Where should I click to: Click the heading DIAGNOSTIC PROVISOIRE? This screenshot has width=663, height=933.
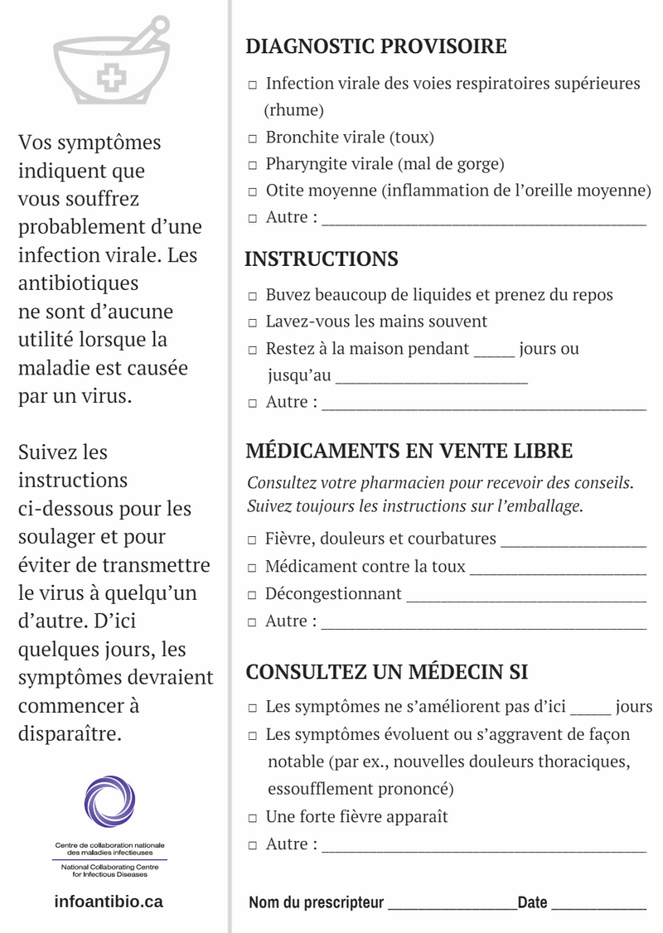(x=375, y=46)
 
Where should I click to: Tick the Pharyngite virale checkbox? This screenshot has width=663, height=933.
(x=253, y=166)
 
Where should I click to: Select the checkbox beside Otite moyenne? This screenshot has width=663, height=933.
(x=253, y=192)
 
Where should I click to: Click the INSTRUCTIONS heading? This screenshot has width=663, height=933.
(x=321, y=259)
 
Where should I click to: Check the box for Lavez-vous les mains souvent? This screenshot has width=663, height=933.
(x=253, y=323)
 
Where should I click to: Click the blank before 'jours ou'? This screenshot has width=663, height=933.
(x=494, y=351)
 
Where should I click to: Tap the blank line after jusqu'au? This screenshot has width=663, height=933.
(x=431, y=378)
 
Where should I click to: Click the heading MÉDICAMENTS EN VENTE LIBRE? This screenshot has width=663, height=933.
(x=409, y=452)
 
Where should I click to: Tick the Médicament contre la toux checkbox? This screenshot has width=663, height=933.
(x=253, y=569)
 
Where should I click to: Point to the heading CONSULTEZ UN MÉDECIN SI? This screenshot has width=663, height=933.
(x=386, y=672)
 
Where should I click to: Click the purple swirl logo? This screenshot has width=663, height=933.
(x=109, y=802)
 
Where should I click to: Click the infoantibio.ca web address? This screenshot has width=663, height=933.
(x=109, y=902)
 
